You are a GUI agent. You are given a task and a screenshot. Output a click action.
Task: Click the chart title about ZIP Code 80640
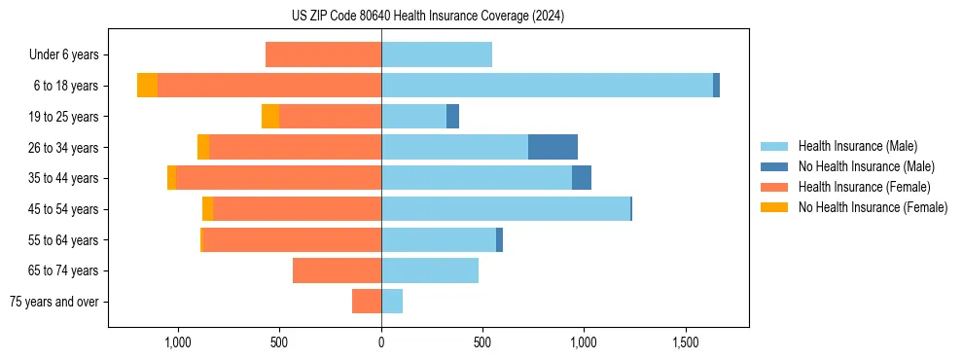(428, 17)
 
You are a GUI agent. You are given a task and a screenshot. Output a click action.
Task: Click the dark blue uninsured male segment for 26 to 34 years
(553, 147)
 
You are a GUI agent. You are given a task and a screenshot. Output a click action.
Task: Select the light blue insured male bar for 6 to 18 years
(547, 86)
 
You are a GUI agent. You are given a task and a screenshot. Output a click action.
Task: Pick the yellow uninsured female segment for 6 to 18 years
(147, 86)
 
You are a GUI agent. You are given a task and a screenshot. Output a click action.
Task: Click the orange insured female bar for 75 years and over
(367, 302)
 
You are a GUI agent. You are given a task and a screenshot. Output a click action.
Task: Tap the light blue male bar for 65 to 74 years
(430, 270)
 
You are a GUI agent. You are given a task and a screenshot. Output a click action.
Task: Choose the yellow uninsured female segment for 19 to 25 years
(270, 117)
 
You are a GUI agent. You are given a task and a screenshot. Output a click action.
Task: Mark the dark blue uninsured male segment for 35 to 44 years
(582, 178)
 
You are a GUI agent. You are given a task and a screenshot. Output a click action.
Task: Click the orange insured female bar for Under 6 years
(323, 54)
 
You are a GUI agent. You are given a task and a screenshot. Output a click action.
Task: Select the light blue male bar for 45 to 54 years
(506, 209)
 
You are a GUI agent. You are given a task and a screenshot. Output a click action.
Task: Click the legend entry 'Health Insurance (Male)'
(857, 146)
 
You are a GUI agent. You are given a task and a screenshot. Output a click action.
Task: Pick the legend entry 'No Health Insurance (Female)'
(873, 207)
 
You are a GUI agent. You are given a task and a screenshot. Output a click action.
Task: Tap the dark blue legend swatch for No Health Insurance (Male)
(774, 166)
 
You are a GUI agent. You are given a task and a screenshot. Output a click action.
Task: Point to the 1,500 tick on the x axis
(686, 343)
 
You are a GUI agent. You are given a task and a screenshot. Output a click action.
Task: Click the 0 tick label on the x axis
(381, 343)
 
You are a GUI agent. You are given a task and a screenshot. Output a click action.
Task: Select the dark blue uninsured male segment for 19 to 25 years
(452, 117)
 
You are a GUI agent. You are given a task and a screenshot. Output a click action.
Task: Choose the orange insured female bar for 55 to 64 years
(292, 239)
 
